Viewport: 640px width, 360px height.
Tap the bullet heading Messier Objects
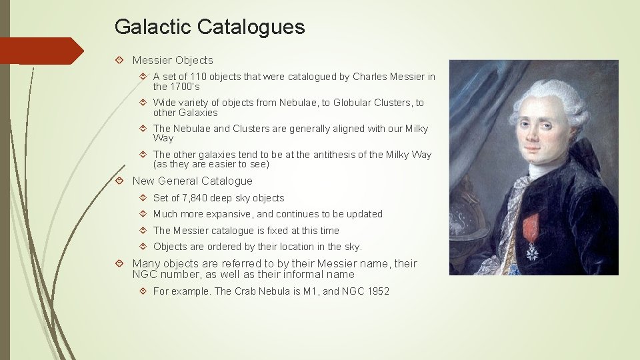pyautogui.click(x=173, y=61)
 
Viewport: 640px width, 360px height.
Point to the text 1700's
pyautogui.click(x=185, y=87)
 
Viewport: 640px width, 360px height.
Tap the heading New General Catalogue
pyautogui.click(x=192, y=181)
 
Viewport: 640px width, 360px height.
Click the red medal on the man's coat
pyautogui.click(x=531, y=227)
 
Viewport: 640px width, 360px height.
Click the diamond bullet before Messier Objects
pyautogui.click(x=119, y=61)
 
